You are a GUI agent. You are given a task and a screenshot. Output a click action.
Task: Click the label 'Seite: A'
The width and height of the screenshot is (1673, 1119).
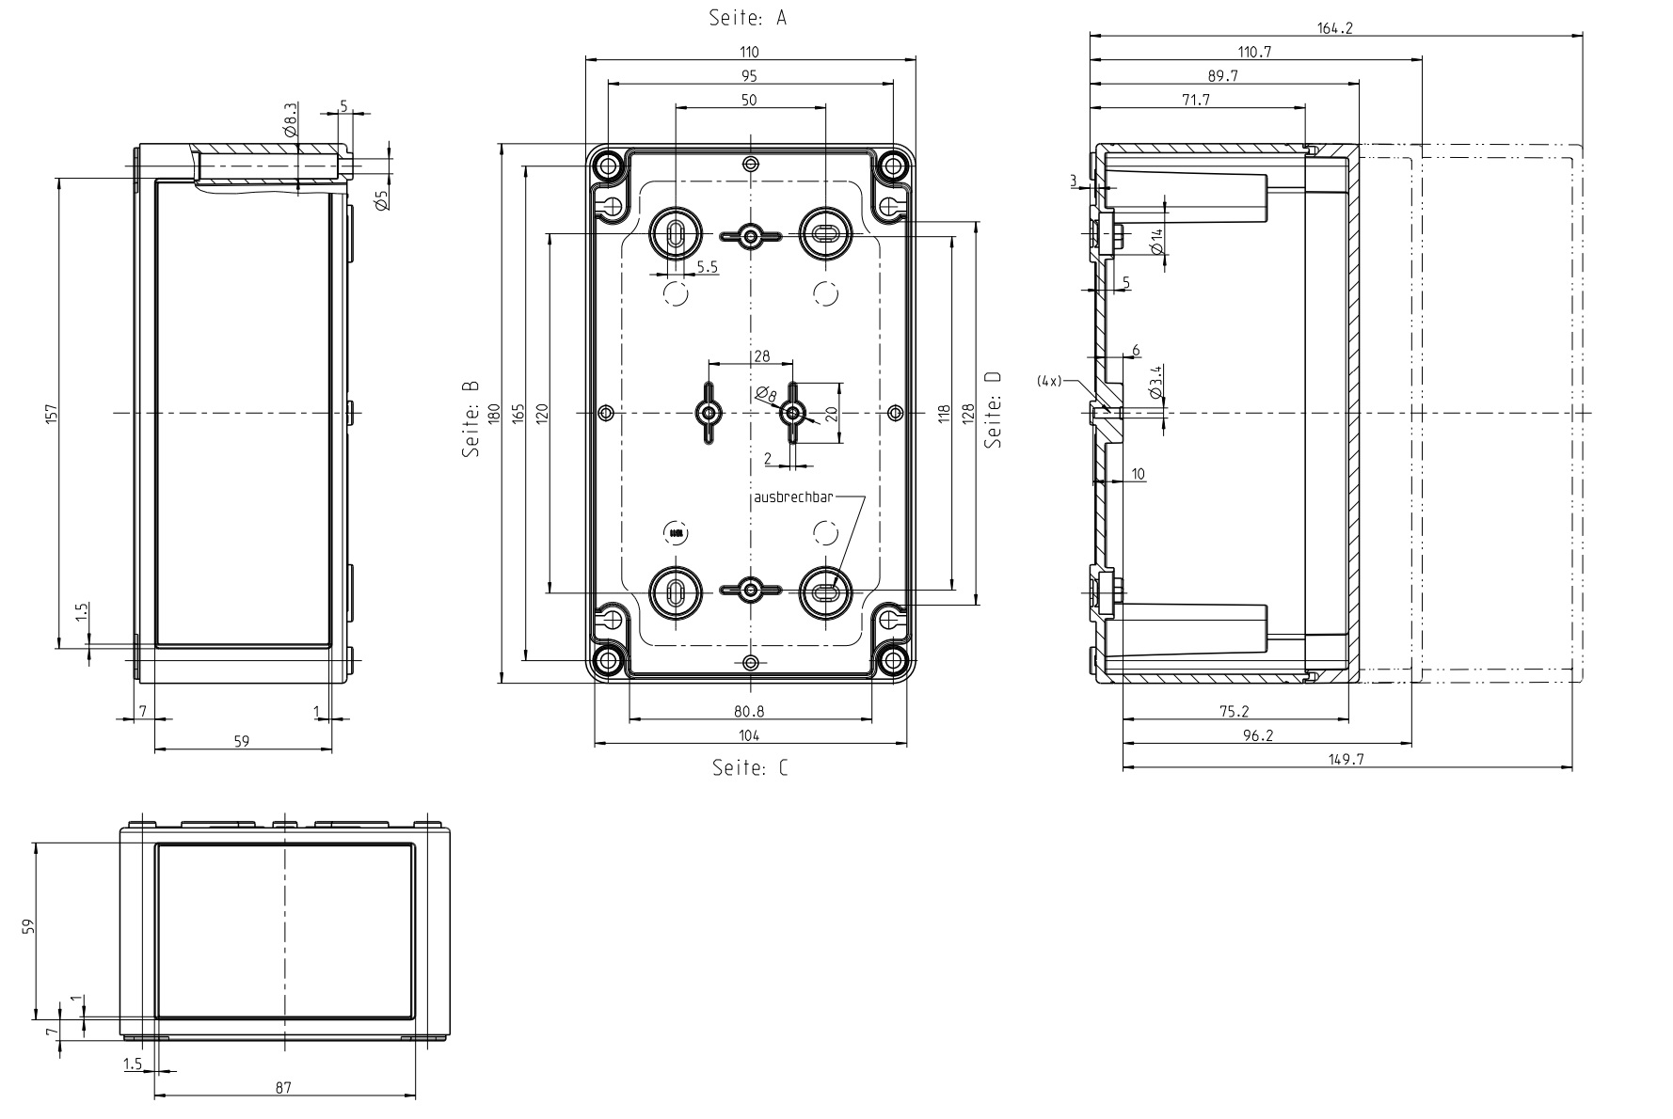747,18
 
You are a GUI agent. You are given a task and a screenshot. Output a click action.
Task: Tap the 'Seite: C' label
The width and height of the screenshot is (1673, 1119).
750,768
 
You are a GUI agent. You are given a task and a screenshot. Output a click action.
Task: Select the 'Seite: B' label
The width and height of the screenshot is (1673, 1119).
471,418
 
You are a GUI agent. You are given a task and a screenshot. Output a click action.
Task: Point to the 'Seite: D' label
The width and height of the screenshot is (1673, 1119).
993,409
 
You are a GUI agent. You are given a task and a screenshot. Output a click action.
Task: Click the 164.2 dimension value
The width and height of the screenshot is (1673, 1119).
1334,28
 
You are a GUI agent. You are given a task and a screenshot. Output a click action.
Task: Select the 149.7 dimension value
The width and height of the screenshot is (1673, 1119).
1346,759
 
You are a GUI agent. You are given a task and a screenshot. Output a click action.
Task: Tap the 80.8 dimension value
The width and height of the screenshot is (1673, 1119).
749,711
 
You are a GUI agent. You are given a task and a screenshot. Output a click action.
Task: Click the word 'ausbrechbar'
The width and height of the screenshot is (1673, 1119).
793,496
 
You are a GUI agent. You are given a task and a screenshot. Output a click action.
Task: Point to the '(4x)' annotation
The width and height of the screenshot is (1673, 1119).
1049,381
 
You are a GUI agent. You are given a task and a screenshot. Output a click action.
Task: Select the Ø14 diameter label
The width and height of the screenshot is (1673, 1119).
1156,242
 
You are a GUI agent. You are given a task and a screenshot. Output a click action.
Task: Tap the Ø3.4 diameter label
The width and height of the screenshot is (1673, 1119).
1156,380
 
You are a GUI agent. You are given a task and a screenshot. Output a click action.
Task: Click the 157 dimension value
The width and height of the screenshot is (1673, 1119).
51,413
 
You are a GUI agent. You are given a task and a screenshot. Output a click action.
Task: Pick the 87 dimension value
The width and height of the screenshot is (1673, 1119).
283,1088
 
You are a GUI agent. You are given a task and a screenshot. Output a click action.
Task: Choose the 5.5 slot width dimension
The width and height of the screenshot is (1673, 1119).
707,268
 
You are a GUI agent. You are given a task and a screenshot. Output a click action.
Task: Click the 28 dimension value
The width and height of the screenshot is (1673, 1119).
761,355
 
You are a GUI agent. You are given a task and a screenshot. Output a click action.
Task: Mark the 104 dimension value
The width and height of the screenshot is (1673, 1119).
749,735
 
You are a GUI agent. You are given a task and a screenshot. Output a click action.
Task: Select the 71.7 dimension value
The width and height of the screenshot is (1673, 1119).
1196,100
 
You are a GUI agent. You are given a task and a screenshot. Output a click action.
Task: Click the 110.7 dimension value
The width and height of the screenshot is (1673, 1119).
1254,53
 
